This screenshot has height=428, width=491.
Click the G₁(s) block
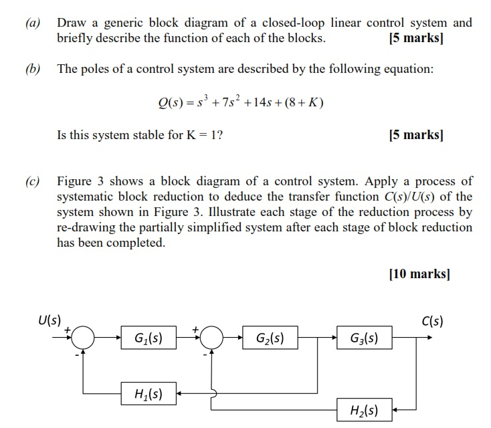coord(149,338)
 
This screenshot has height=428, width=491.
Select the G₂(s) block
coord(270,338)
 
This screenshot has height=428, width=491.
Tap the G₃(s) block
coord(364,338)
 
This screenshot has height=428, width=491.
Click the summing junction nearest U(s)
coord(84,338)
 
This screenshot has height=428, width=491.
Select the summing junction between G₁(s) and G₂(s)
coord(212,338)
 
